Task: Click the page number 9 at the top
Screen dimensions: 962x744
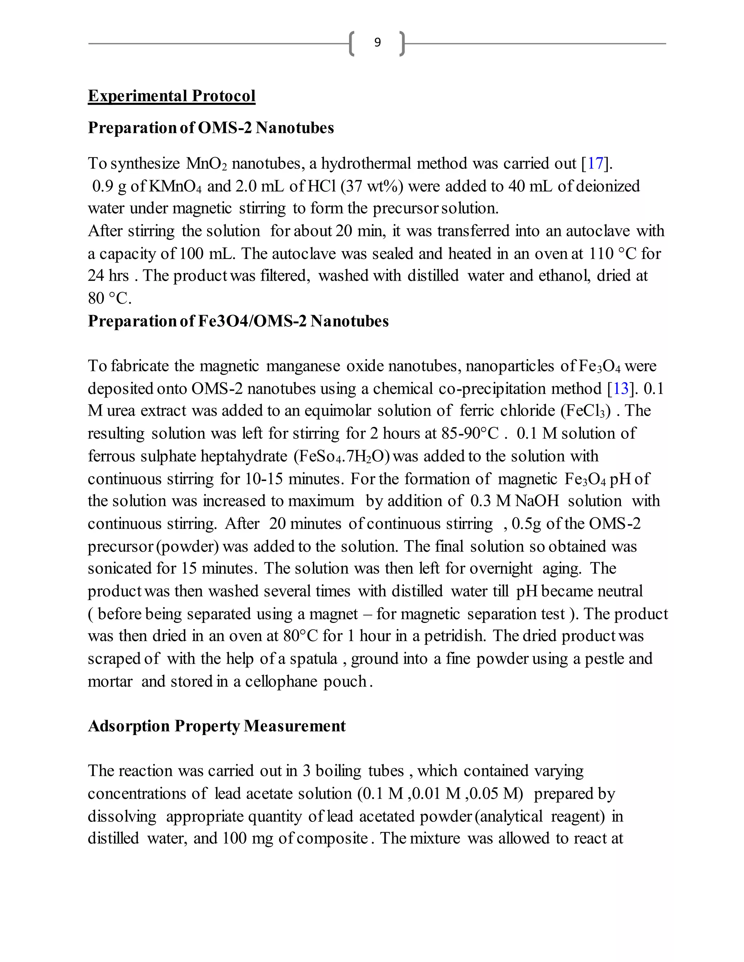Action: coord(377,42)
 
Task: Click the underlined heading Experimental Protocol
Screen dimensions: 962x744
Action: coord(171,96)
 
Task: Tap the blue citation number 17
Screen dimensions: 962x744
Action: coord(595,163)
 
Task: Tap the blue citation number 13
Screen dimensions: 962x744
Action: coord(620,388)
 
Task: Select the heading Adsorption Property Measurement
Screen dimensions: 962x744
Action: coord(217,726)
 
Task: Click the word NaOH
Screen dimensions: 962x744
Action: coord(537,501)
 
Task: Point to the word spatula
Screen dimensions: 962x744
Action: coord(314,659)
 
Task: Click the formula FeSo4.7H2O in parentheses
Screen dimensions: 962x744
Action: coord(341,456)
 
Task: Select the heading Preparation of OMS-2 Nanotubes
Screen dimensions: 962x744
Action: coord(211,128)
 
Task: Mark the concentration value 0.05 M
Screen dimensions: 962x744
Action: coord(496,793)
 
